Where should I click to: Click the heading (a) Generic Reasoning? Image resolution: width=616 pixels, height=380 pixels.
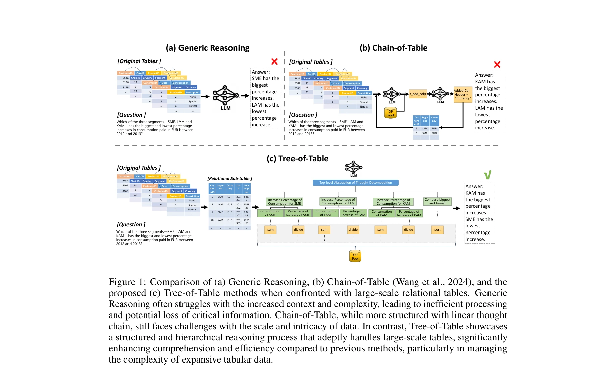(207, 48)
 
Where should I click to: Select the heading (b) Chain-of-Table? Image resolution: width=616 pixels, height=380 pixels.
(393, 48)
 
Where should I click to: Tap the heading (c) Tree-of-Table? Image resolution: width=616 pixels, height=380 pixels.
(297, 159)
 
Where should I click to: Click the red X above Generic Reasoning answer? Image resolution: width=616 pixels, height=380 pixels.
(274, 61)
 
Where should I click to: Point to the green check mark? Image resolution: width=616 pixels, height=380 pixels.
(487, 175)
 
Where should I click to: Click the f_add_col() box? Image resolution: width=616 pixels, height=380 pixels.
(418, 94)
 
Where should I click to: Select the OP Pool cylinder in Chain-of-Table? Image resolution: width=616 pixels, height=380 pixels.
(391, 113)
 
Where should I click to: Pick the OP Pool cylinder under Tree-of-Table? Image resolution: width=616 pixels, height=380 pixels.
(355, 256)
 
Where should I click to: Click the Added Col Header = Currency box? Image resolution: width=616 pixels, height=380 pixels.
(463, 94)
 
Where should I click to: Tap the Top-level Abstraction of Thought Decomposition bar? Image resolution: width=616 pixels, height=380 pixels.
(355, 183)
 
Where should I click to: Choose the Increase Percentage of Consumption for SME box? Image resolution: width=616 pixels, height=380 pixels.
(285, 202)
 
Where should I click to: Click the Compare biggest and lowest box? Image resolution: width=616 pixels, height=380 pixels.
(437, 201)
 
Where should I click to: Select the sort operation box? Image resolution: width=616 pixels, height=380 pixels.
(437, 230)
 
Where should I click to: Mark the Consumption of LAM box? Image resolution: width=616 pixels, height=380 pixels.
(325, 213)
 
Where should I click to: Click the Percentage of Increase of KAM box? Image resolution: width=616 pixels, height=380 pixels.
(409, 213)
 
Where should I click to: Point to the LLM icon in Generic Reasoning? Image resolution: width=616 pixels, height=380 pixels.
(225, 96)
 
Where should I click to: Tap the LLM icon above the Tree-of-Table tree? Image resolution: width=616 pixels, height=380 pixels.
(354, 168)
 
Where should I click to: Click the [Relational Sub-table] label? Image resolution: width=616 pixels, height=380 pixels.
(229, 179)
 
